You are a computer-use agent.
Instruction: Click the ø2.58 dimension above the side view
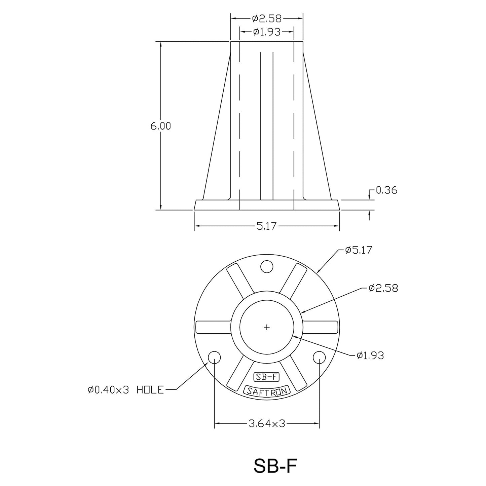[x=267, y=18]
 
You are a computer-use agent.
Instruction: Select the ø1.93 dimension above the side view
[x=267, y=32]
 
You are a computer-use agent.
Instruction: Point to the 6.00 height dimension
[x=161, y=126]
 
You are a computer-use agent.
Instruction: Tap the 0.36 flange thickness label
[x=386, y=190]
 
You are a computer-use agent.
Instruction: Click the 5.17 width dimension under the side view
[x=266, y=226]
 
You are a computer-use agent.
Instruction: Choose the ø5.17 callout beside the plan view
[x=359, y=250]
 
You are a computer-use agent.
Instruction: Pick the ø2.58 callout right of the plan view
[x=383, y=288]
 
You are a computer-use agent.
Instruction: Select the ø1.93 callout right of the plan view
[x=370, y=355]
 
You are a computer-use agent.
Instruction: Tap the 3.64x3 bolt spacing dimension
[x=267, y=423]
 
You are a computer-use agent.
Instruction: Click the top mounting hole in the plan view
[x=267, y=267]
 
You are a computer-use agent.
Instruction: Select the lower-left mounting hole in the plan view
[x=214, y=357]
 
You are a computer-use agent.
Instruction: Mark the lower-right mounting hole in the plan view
[x=319, y=357]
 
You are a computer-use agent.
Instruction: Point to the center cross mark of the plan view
[x=267, y=327]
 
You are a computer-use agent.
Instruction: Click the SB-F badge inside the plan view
[x=266, y=377]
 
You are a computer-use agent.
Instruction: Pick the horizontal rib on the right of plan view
[x=320, y=327]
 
